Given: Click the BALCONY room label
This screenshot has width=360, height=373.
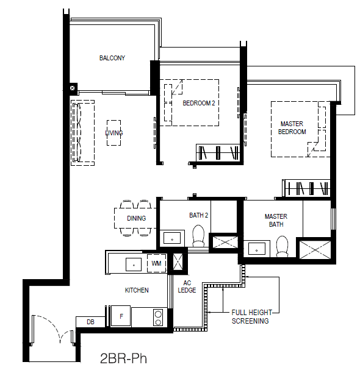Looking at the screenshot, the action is pyautogui.click(x=112, y=58).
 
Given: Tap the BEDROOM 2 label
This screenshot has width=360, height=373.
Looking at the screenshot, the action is pyautogui.click(x=199, y=103).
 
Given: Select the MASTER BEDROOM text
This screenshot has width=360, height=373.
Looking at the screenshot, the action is pyautogui.click(x=292, y=128).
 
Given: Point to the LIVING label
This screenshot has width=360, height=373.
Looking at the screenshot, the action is pyautogui.click(x=114, y=133).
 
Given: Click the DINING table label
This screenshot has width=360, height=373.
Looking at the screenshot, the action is pyautogui.click(x=137, y=218).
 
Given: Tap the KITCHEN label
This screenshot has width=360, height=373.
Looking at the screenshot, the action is pyautogui.click(x=137, y=290).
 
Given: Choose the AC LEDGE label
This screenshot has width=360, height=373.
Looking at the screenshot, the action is pyautogui.click(x=187, y=286).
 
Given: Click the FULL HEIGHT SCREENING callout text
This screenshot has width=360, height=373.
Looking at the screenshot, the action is pyautogui.click(x=251, y=316).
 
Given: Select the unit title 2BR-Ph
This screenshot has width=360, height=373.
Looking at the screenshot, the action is pyautogui.click(x=123, y=358).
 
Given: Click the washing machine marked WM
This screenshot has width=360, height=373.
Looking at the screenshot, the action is pyautogui.click(x=156, y=263).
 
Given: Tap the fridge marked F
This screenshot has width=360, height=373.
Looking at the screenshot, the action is pyautogui.click(x=121, y=316).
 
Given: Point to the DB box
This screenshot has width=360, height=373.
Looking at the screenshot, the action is pyautogui.click(x=90, y=322).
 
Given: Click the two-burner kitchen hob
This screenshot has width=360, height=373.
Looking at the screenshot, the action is pyautogui.click(x=158, y=318).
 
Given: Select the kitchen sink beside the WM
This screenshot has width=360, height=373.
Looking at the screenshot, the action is pyautogui.click(x=134, y=265).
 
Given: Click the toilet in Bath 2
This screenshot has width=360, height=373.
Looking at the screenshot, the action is pyautogui.click(x=198, y=236).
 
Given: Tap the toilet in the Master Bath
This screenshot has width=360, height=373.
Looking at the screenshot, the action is pyautogui.click(x=282, y=246).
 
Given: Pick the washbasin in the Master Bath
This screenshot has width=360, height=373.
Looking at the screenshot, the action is pyautogui.click(x=257, y=249).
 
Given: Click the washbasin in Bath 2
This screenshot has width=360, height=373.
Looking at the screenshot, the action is pyautogui.click(x=172, y=238).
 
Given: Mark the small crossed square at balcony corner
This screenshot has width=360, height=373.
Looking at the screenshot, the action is pyautogui.click(x=73, y=88).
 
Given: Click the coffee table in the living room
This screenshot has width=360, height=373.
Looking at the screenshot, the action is pyautogui.click(x=114, y=133).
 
